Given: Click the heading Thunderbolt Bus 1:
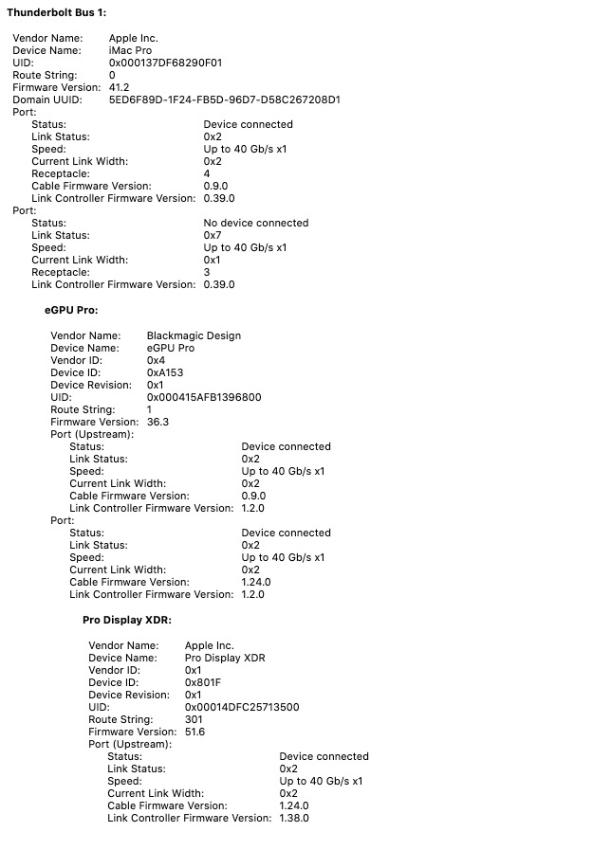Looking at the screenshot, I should click(57, 11).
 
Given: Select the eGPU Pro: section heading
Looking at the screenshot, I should click(71, 310).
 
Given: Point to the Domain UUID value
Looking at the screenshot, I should click(225, 99).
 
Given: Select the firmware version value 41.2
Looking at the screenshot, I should click(119, 87).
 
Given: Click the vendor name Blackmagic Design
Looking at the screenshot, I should click(194, 335).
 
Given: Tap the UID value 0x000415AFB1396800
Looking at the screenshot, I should click(204, 397).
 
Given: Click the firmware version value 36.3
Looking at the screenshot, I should click(157, 422).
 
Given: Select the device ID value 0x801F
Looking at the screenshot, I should click(202, 682).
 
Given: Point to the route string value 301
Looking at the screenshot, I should click(194, 719).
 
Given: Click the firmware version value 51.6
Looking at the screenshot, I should click(194, 732).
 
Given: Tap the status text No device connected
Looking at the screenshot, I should click(255, 223).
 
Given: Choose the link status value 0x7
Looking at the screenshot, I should click(212, 235).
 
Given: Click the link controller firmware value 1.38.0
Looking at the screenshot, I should click(293, 818).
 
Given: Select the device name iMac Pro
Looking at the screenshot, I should click(130, 50).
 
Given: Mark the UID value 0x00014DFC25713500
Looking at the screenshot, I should click(242, 707).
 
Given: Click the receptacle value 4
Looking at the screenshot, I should click(207, 173).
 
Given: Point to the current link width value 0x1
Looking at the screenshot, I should click(212, 260).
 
